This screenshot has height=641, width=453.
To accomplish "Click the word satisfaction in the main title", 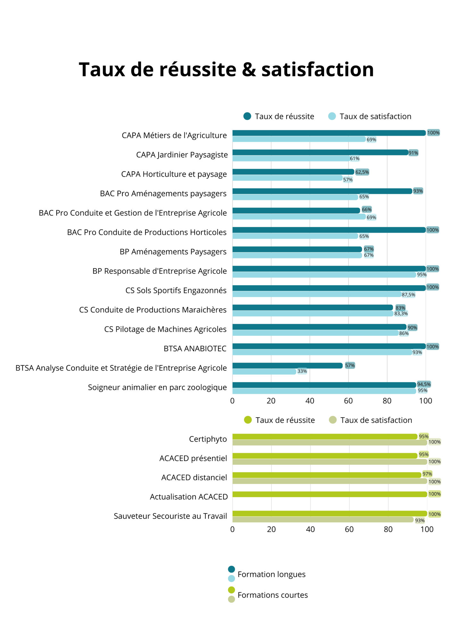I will pyautogui.click(x=317, y=70).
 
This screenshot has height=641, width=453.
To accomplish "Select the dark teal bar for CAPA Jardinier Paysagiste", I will pyautogui.click(x=320, y=153).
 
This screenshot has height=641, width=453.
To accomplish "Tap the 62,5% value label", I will pyautogui.click(x=362, y=172).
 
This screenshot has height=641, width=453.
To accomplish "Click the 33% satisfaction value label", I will pyautogui.click(x=302, y=371).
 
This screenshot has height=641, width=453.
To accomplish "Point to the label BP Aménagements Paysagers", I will pyautogui.click(x=173, y=252).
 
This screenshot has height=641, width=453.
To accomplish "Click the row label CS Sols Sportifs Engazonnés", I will pyautogui.click(x=176, y=290).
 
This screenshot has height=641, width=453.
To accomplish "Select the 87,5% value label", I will pyautogui.click(x=408, y=295).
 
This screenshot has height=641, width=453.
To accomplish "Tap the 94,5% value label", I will pyautogui.click(x=424, y=384).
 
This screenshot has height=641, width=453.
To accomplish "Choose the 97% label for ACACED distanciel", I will pyautogui.click(x=427, y=474).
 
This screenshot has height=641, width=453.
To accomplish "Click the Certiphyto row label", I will pyautogui.click(x=208, y=439).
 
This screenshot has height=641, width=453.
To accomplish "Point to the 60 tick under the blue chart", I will pyautogui.click(x=348, y=401).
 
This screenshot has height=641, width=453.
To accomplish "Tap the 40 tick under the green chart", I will pyautogui.click(x=310, y=529).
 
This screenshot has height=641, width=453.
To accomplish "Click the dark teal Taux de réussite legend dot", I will pyautogui.click(x=247, y=116).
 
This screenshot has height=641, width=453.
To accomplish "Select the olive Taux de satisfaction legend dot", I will pyautogui.click(x=333, y=420).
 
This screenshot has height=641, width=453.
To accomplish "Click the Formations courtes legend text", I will pyautogui.click(x=273, y=595).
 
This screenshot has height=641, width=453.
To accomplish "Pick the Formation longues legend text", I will pyautogui.click(x=271, y=574).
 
